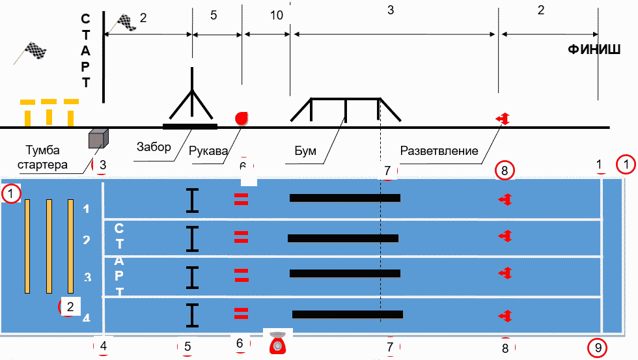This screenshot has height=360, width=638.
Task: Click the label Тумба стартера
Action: [46, 158]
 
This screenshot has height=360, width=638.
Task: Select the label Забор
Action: [154, 146]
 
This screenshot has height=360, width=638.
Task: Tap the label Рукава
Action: [208, 150]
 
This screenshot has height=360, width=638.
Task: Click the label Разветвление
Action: [439, 150]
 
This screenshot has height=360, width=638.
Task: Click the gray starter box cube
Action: [98, 137]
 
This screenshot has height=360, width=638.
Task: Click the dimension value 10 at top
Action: [277, 15]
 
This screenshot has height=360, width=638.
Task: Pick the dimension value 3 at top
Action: [391, 10]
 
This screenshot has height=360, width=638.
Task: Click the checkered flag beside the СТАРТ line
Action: [126, 22]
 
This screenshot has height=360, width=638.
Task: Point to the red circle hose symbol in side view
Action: [242, 118]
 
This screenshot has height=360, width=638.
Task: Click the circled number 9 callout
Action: [598, 348]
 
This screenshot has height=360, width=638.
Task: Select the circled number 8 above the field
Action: [505, 171]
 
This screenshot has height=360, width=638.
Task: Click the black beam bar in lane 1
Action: [344, 198]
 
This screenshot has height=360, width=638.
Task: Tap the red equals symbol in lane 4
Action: [242, 314]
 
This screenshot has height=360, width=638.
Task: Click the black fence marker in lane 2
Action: [191, 239]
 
